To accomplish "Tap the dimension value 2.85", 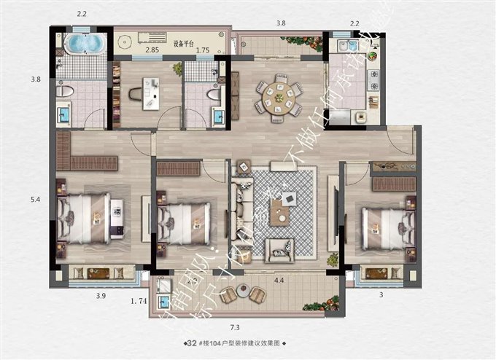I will tap(152, 50).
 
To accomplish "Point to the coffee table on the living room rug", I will tap(279, 212).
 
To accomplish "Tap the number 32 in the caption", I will tap(193, 343).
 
